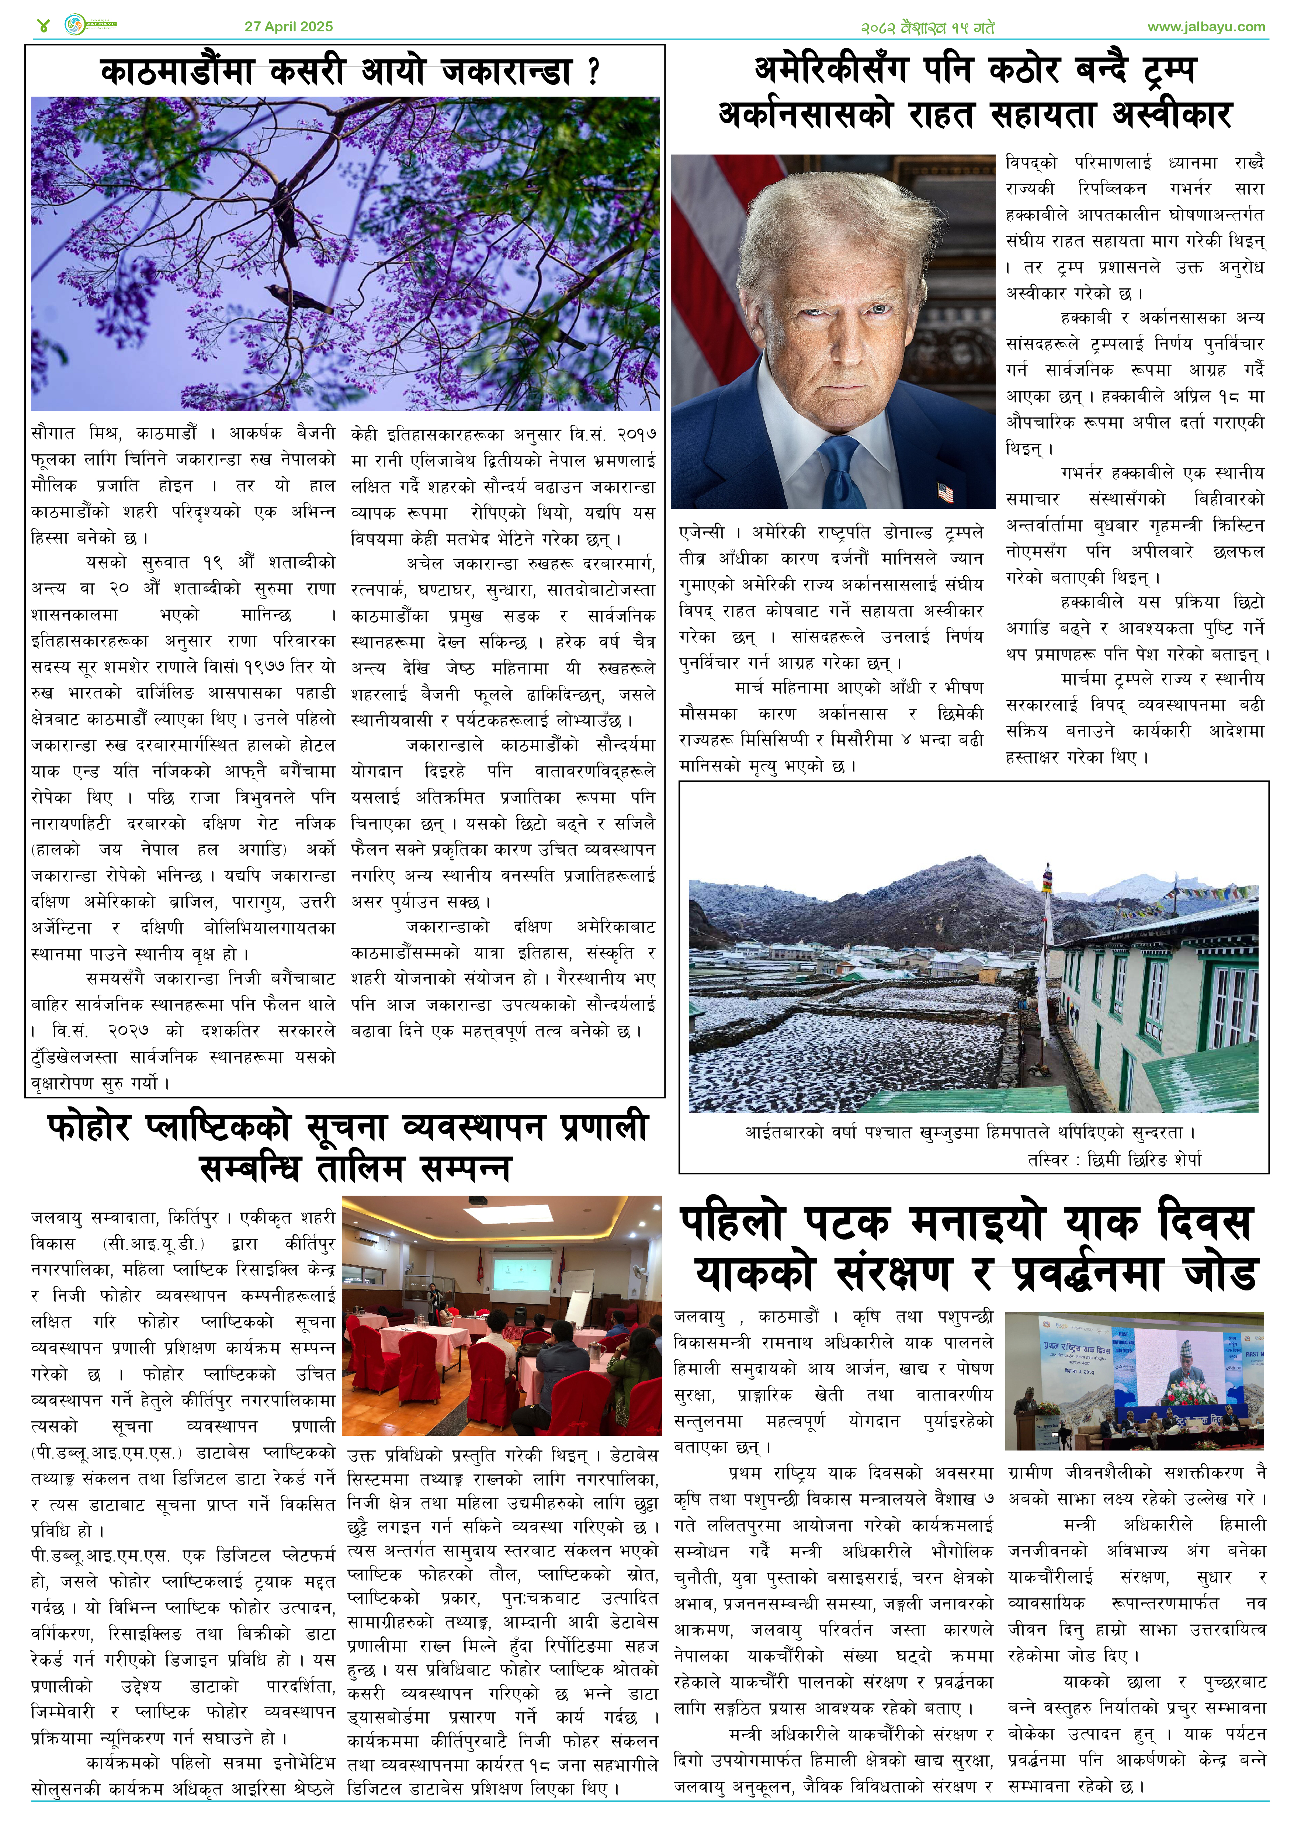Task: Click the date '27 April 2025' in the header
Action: (288, 26)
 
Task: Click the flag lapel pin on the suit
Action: (945, 492)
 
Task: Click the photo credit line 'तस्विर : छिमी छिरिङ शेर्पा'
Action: (1114, 1159)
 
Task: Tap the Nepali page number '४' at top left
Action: (43, 25)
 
